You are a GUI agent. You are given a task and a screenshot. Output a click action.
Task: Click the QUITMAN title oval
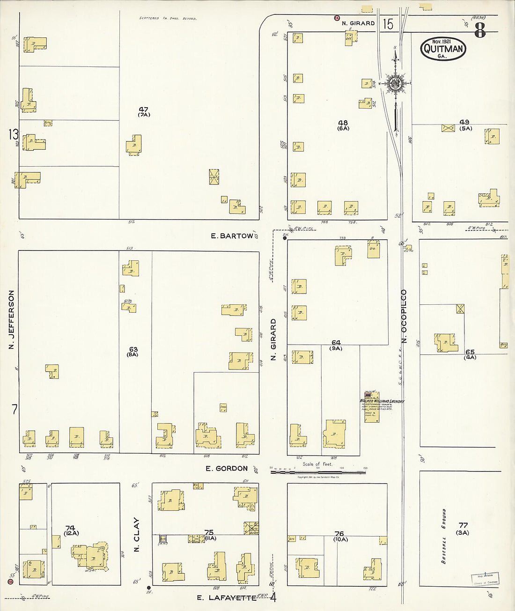pyautogui.click(x=443, y=49)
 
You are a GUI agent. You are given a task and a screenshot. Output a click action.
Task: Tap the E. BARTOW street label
pyautogui.click(x=231, y=236)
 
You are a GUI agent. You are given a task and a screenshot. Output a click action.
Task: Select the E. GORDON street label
pyautogui.click(x=227, y=468)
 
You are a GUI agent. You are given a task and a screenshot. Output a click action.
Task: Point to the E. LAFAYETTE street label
pyautogui.click(x=227, y=598)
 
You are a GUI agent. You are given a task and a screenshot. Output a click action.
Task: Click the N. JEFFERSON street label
pyautogui.click(x=11, y=319)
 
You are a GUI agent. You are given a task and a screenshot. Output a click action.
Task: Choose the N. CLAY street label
pyautogui.click(x=137, y=534)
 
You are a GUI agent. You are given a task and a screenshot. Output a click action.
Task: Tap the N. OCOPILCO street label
pyautogui.click(x=404, y=316)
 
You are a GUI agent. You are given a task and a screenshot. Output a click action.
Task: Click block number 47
pyautogui.click(x=144, y=110)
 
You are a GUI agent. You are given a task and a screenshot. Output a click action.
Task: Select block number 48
pyautogui.click(x=343, y=123)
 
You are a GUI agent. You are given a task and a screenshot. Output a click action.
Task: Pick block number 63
pyautogui.click(x=133, y=349)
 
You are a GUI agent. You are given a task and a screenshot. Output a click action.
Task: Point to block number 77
pyautogui.click(x=463, y=525)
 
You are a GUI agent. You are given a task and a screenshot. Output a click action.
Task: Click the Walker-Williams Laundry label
pyautogui.click(x=382, y=401)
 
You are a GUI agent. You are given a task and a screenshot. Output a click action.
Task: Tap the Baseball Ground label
pyautogui.click(x=443, y=536)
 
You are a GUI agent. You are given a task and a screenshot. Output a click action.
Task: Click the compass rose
pyautogui.click(x=396, y=84)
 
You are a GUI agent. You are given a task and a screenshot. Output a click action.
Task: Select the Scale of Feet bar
pyautogui.click(x=318, y=471)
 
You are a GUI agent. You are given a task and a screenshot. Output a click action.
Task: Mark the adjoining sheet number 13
pyautogui.click(x=13, y=135)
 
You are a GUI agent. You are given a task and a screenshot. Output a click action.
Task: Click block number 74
pyautogui.click(x=70, y=528)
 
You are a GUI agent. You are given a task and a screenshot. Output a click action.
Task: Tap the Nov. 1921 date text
pyautogui.click(x=441, y=42)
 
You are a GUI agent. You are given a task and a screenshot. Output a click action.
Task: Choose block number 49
pyautogui.click(x=464, y=122)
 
